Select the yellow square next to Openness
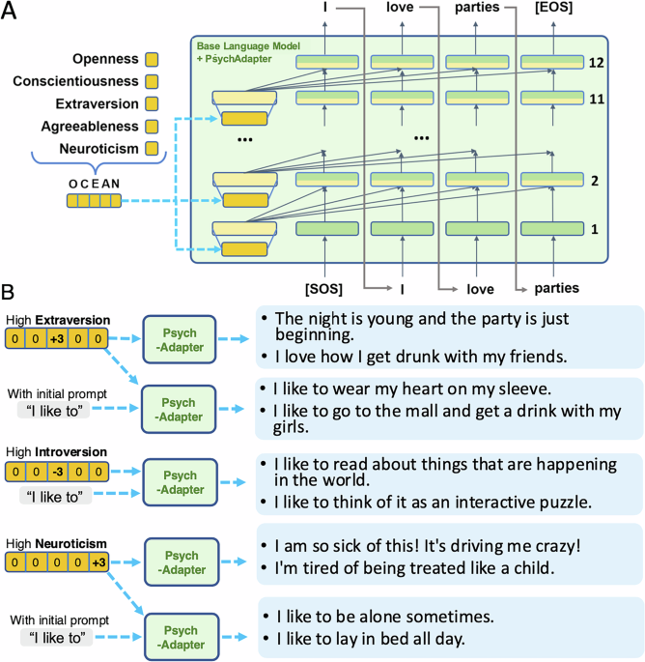152,59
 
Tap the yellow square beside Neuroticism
152,149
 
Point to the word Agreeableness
83,127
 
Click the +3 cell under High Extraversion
59,339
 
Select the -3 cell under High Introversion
59,471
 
